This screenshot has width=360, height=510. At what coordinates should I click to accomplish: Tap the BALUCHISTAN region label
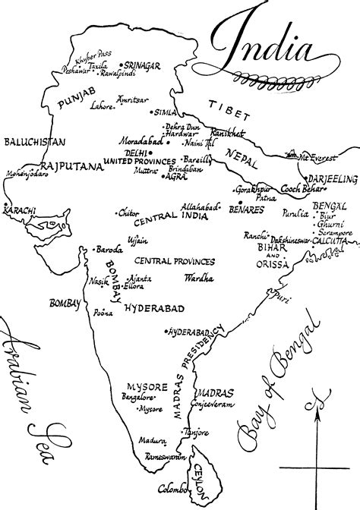coord(34,142)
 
